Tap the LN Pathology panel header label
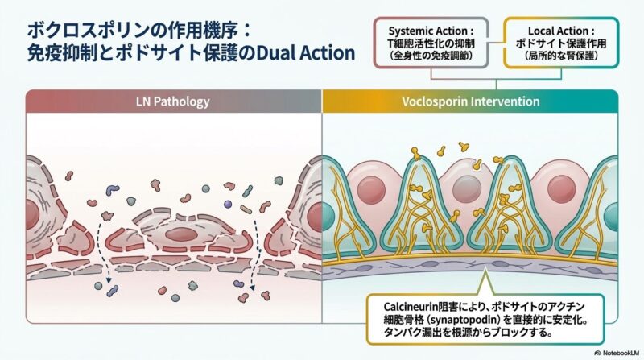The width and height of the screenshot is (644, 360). pos(174,102)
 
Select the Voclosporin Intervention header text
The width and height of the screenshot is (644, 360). pos(470,102)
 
